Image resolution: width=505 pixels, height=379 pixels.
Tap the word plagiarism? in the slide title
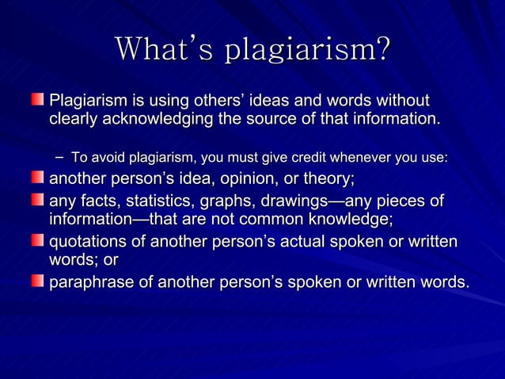pyautogui.click(x=308, y=51)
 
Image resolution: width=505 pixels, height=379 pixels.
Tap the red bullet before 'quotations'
pyautogui.click(x=39, y=239)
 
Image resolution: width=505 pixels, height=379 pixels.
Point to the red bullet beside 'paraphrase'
pyautogui.click(x=39, y=281)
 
